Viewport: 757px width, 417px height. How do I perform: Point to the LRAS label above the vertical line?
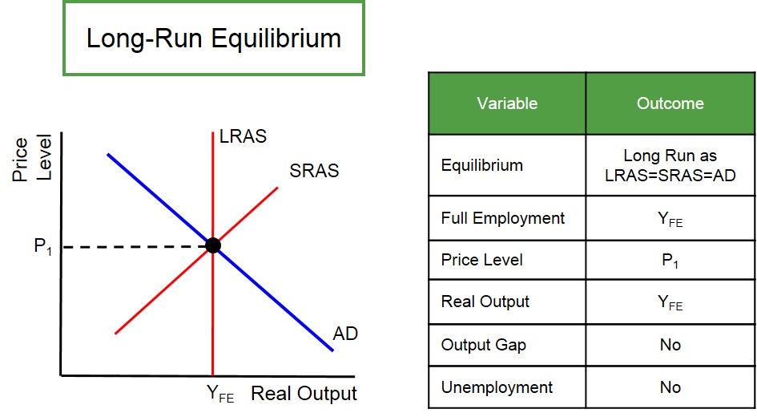pos(243,137)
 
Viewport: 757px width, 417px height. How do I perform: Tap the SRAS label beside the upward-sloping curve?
pos(314,171)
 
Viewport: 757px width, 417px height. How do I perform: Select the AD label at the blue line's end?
pos(345,333)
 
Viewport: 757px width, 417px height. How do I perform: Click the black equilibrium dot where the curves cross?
pos(213,245)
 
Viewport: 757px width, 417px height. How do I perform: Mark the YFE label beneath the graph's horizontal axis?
pos(220,395)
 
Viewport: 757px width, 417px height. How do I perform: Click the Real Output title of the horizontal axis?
pos(304,394)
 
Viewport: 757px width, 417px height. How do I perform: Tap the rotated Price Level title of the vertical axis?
pos(32,160)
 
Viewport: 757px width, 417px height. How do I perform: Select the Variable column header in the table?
pos(507,103)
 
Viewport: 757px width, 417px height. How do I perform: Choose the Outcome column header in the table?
pos(670,103)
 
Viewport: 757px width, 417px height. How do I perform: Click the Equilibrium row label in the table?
pos(481,165)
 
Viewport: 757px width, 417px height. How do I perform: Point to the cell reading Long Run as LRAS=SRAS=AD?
pos(670,165)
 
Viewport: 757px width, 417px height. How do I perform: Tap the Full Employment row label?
pos(502,218)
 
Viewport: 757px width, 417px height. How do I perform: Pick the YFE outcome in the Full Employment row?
pos(670,219)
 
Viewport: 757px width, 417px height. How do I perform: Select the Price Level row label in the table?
pos(481,260)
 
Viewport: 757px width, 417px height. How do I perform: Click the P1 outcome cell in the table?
pos(670,261)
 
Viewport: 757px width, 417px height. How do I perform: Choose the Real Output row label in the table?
pos(485,302)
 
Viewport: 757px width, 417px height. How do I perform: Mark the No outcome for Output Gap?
pos(670,345)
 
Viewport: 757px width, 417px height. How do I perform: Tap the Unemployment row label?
pos(497,387)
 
